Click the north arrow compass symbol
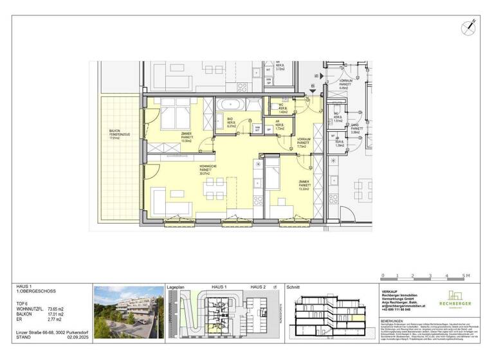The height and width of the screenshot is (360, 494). click(x=468, y=27)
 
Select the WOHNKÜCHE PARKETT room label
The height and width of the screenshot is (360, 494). click(x=207, y=170)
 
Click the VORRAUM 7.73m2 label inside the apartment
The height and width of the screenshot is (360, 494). click(x=304, y=143)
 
